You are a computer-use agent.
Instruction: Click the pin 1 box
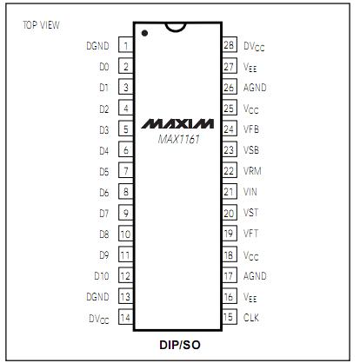(x=126, y=45)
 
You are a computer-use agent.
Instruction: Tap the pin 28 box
(x=230, y=44)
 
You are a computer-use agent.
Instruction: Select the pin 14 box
(x=126, y=317)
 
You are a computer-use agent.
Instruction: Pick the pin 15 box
(x=230, y=317)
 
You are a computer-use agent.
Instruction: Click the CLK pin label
(x=251, y=318)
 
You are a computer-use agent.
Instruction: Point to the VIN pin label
(x=250, y=192)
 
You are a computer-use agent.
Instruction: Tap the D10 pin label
(x=102, y=276)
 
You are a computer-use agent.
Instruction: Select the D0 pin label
(x=104, y=67)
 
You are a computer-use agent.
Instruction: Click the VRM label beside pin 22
(x=252, y=171)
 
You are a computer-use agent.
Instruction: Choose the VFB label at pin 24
(x=251, y=129)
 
